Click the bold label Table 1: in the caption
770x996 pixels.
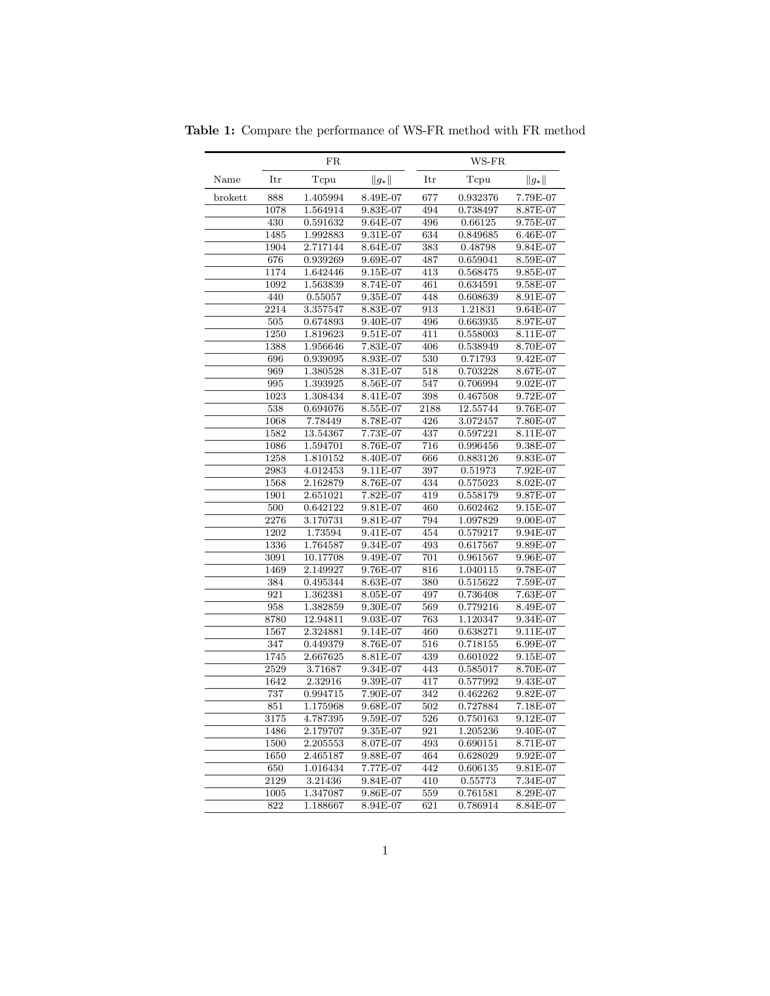[210, 131]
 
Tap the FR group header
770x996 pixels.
[333, 161]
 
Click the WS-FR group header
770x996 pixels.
[488, 161]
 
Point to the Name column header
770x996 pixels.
[227, 180]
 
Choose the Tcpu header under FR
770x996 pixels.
[324, 180]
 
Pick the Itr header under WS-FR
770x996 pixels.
[430, 180]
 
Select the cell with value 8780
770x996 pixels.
[275, 619]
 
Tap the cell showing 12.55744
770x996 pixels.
[478, 409]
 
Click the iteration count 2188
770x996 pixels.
[430, 409]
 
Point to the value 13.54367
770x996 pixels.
[324, 433]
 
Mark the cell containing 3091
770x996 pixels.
[275, 557]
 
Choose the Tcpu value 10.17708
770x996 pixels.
[324, 557]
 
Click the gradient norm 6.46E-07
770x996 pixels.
[536, 235]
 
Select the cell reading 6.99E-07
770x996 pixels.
[536, 644]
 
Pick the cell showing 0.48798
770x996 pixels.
[478, 247]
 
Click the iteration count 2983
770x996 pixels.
[275, 471]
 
